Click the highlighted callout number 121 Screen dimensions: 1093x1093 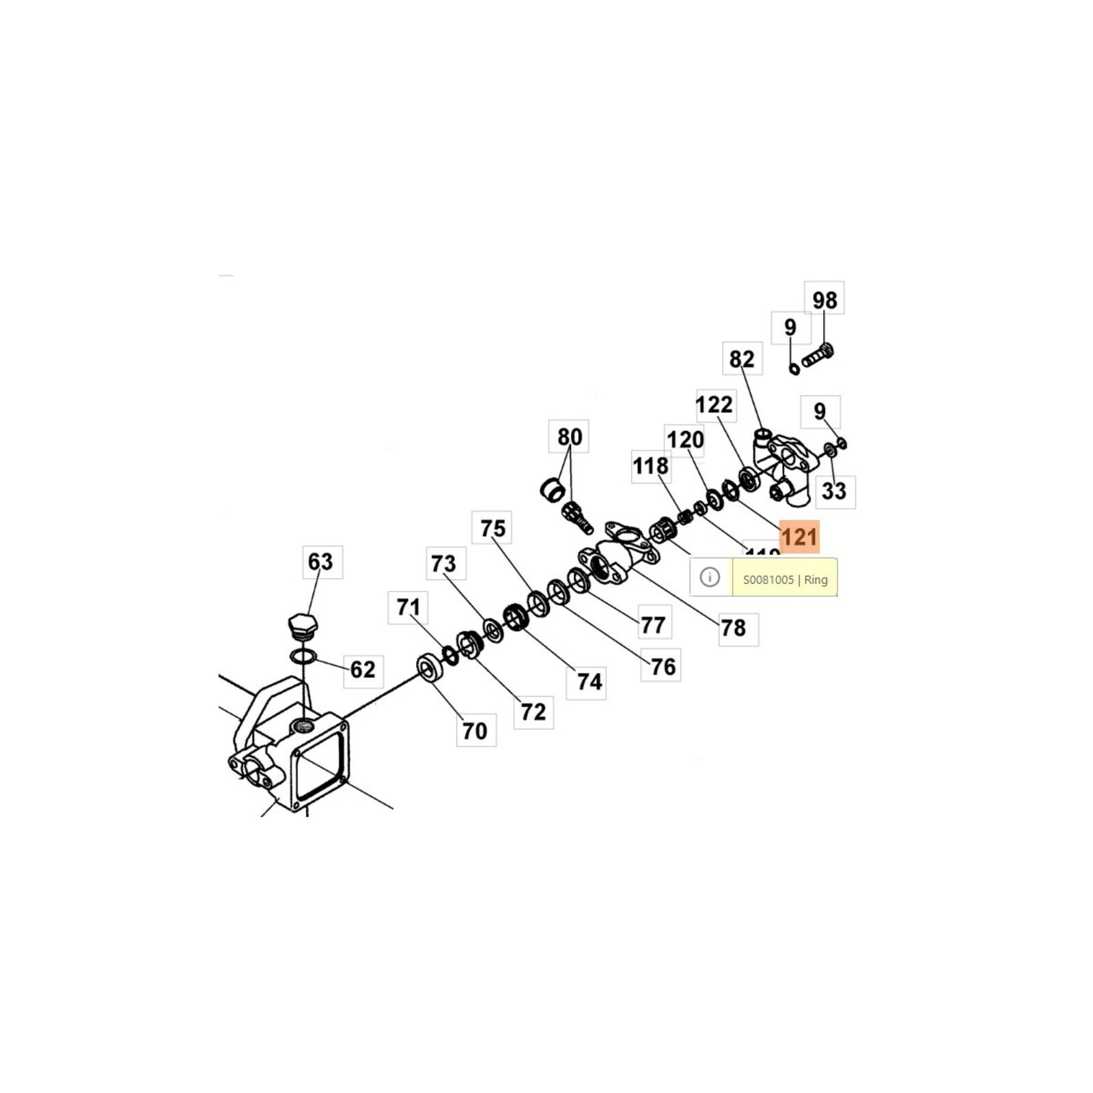799,537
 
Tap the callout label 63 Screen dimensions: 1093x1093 320,562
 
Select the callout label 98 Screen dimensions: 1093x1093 825,300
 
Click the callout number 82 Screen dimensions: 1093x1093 742,359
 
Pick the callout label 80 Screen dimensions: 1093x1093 570,437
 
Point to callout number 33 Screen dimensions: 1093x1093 833,490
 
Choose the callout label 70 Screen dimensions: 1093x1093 475,731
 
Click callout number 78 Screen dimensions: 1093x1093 734,628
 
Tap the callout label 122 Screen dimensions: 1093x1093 714,404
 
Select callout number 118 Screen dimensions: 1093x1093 650,466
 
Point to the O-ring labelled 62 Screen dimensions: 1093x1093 303,656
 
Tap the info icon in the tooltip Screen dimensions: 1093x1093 710,577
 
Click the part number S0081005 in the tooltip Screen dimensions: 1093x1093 768,580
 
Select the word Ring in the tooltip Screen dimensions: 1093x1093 816,580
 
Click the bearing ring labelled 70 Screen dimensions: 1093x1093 430,667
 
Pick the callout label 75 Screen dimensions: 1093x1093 493,528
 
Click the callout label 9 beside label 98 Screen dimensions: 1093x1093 790,327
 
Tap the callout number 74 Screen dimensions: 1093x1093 589,681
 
